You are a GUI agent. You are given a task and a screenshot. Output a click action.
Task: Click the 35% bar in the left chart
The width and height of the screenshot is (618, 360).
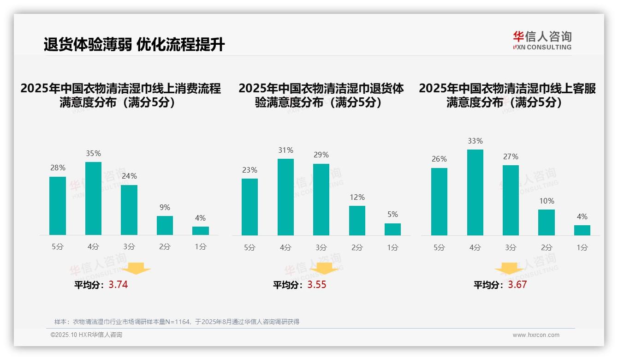93,198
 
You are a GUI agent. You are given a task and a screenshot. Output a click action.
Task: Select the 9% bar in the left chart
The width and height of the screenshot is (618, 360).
165,225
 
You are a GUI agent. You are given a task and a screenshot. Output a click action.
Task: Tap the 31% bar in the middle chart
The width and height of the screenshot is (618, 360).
285,197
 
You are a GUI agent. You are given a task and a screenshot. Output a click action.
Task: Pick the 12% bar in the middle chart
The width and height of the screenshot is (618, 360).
357,221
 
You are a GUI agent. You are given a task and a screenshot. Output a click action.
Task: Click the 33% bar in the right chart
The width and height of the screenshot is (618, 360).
475,192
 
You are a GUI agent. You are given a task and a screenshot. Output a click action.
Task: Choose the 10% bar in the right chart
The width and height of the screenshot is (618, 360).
547,222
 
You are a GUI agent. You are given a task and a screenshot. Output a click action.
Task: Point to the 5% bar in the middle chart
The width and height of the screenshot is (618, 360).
392,229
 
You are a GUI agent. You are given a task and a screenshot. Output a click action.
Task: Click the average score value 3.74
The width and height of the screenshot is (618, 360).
118,285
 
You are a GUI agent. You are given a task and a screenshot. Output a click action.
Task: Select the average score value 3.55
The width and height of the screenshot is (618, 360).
316,285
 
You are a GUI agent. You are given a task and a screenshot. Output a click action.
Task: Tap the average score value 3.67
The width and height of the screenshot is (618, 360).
517,285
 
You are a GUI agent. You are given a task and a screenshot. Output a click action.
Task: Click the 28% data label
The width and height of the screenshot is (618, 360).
58,168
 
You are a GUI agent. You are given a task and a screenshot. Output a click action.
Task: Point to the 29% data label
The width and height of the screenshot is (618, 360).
321,155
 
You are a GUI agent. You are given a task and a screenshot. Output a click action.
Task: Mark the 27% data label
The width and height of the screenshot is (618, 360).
511,157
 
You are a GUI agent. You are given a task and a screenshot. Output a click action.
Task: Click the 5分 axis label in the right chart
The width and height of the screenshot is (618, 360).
439,247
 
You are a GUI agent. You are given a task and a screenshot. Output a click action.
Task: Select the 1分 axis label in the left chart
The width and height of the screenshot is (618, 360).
201,246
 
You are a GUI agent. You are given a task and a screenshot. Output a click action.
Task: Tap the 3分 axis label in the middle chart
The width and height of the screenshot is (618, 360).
321,247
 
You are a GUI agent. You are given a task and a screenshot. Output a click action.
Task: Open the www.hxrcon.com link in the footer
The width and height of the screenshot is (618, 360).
535,335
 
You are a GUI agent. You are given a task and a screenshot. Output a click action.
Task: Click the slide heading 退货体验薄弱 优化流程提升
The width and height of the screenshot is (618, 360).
134,45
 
